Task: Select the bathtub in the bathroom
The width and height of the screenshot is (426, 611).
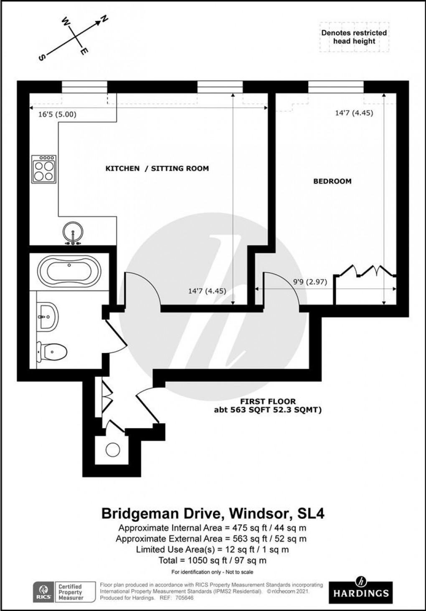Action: (69, 271)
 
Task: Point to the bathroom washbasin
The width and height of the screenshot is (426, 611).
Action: (46, 316)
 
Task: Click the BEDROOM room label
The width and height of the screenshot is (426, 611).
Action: (332, 181)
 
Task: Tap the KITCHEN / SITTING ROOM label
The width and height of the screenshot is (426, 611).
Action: (157, 169)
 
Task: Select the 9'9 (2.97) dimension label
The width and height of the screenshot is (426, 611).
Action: (310, 282)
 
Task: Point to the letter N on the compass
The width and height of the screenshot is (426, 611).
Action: (104, 19)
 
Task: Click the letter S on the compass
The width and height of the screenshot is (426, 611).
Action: (42, 58)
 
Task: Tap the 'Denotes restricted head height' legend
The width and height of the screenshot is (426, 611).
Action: (354, 37)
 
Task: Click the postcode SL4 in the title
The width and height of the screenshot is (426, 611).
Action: (310, 513)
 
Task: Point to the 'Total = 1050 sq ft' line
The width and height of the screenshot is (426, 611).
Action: (212, 561)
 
